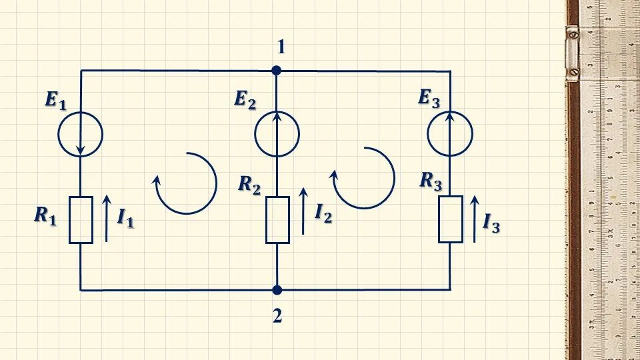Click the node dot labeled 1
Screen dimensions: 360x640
(x=277, y=70)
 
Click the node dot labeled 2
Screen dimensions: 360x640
(x=277, y=290)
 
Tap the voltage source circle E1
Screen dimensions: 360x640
(x=81, y=133)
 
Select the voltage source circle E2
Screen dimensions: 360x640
(x=277, y=133)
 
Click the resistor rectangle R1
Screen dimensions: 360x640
(x=81, y=220)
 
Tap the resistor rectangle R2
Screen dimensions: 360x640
(x=277, y=220)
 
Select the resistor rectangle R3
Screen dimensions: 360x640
(x=451, y=219)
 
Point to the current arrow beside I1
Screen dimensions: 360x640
(x=105, y=217)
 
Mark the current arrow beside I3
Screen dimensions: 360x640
(x=475, y=218)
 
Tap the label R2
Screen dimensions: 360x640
(x=249, y=185)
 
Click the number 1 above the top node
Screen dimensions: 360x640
(x=281, y=47)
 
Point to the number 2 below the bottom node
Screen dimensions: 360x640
(x=277, y=316)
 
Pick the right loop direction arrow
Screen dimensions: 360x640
(x=364, y=178)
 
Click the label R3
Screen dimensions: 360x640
(x=431, y=181)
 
